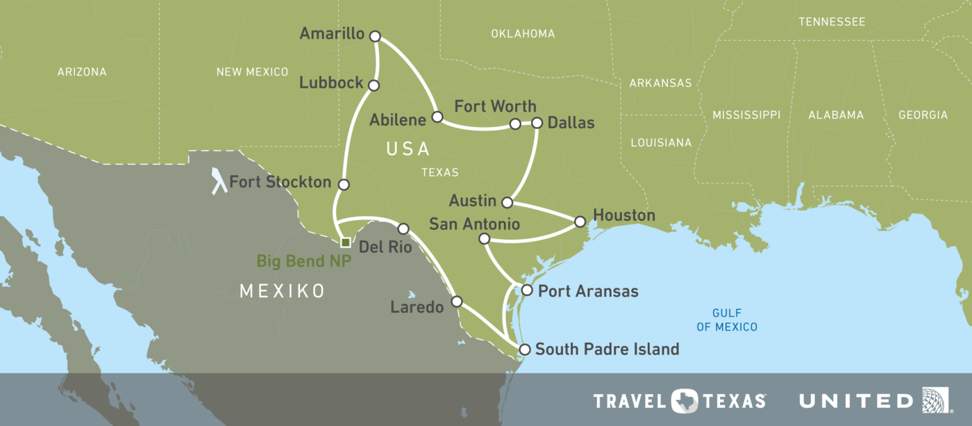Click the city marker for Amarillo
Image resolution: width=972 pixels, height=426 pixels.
tap(376, 35)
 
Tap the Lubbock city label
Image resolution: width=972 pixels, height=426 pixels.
tap(331, 83)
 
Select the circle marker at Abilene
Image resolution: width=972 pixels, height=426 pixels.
tap(437, 117)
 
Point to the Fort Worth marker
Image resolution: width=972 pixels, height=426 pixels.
tap(515, 124)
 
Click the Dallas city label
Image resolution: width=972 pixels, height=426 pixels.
tap(571, 123)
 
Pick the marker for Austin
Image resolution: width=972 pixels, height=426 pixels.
tap(507, 203)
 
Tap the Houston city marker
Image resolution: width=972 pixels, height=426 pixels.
tap(580, 222)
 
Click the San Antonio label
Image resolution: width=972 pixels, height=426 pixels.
tap(474, 224)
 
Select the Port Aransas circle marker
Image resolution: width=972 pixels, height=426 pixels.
tap(526, 290)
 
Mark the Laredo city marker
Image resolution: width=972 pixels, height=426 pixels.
tap(457, 302)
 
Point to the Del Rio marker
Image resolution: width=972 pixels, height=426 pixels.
tap(403, 229)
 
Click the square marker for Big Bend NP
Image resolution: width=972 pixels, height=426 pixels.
tap(345, 243)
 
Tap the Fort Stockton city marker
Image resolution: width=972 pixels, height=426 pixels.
tap(343, 185)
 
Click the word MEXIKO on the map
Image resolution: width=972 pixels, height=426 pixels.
tap(283, 290)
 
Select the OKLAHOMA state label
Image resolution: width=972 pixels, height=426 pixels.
tap(523, 33)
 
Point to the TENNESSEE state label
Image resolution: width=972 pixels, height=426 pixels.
tap(832, 22)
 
